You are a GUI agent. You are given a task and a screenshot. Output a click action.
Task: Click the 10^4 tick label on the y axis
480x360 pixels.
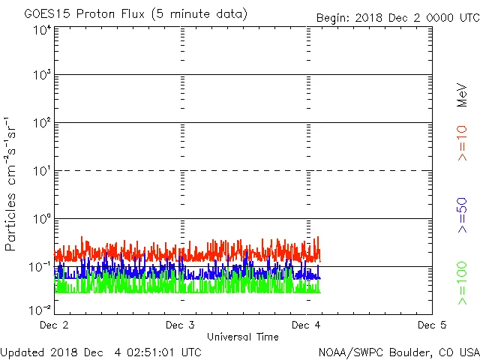[x=42, y=30]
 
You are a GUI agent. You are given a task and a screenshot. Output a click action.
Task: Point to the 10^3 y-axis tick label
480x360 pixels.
[x=42, y=76]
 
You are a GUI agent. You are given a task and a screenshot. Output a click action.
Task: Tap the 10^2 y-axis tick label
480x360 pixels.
[x=42, y=124]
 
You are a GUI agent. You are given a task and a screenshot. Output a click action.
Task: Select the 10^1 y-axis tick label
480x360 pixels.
[x=42, y=172]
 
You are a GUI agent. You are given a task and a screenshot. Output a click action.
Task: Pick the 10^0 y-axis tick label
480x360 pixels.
[x=42, y=220]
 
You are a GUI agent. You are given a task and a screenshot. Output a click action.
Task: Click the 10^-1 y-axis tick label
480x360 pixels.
[x=40, y=268]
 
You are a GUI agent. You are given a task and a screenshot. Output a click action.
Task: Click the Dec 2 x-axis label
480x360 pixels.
[x=54, y=325]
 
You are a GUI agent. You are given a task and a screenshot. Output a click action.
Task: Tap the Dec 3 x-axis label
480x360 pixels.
[x=180, y=325]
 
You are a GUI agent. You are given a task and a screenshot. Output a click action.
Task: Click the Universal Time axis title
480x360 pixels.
[x=243, y=337]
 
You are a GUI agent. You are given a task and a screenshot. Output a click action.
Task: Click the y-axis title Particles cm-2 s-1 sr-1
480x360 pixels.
[x=11, y=184]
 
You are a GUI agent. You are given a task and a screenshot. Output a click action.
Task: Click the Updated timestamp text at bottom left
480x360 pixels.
[x=100, y=351]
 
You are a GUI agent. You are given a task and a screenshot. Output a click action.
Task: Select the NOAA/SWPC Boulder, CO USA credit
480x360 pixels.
[x=398, y=351]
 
